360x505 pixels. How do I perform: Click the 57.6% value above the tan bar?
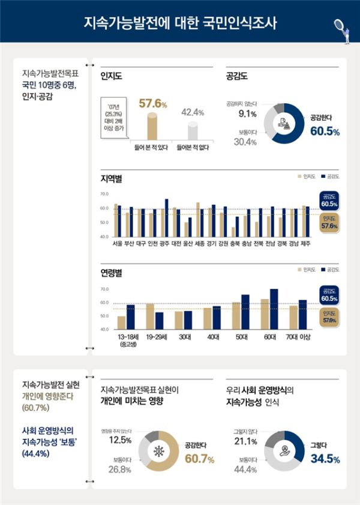click(152, 103)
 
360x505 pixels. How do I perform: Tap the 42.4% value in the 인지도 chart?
click(193, 112)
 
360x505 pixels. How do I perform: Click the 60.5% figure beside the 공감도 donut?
click(325, 130)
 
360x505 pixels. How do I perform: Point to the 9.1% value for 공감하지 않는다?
click(247, 113)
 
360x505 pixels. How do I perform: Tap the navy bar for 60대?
click(274, 309)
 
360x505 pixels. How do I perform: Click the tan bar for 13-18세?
click(122, 322)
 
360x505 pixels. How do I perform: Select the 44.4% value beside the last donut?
click(248, 469)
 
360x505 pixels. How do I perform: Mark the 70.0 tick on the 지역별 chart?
click(104, 194)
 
